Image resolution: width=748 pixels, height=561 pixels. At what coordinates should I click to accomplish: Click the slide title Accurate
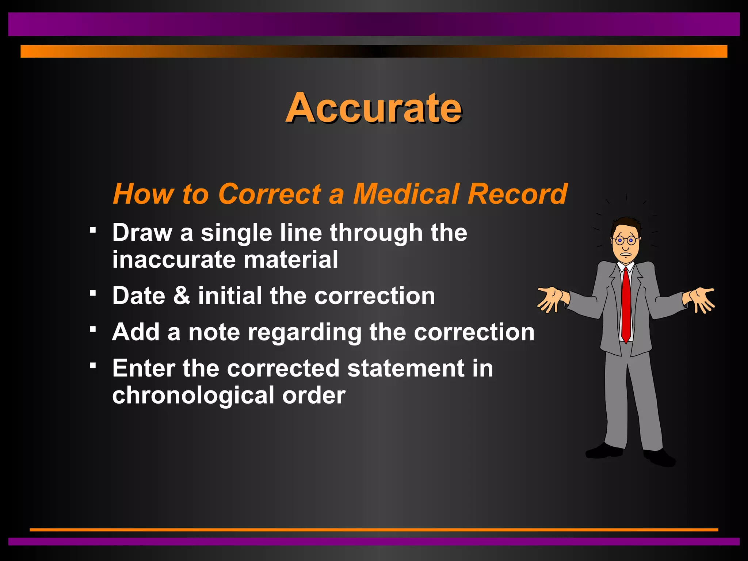pyautogui.click(x=374, y=108)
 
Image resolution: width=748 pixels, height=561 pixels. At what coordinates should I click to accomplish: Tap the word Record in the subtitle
pyautogui.click(x=518, y=194)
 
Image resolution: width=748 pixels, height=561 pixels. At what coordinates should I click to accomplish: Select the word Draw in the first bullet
pyautogui.click(x=142, y=233)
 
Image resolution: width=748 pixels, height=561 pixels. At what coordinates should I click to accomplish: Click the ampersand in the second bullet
pyautogui.click(x=182, y=295)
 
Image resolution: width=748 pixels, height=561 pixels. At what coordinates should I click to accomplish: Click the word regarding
pyautogui.click(x=305, y=333)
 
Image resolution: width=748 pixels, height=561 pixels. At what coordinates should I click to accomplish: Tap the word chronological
pyautogui.click(x=193, y=396)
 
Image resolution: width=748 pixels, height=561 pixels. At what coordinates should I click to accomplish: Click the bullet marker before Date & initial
pyautogui.click(x=93, y=293)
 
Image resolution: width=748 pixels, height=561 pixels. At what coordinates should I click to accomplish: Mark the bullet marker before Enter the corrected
pyautogui.click(x=93, y=365)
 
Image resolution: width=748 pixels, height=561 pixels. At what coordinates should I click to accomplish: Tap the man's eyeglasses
pyautogui.click(x=625, y=240)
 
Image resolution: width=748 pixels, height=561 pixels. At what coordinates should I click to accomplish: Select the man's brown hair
pyautogui.click(x=625, y=224)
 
